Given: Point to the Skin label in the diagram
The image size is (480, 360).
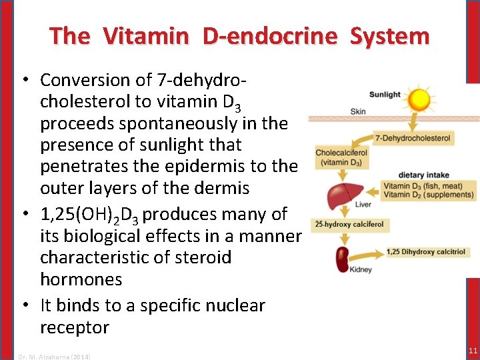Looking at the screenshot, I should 357,111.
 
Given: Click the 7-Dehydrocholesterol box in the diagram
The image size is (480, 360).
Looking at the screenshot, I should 413,139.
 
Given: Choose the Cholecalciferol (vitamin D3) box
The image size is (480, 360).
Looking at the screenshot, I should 342,157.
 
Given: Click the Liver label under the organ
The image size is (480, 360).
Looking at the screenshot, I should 363,204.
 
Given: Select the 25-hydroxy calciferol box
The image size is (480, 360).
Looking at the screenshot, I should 349,224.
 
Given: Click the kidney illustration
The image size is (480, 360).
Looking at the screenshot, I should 343,259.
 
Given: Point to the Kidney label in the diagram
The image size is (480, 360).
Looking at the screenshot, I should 361,270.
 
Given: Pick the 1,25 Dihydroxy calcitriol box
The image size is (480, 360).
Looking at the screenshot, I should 426,252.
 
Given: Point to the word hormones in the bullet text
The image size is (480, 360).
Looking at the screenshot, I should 81,279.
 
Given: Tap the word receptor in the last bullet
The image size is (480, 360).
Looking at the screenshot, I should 74,327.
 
